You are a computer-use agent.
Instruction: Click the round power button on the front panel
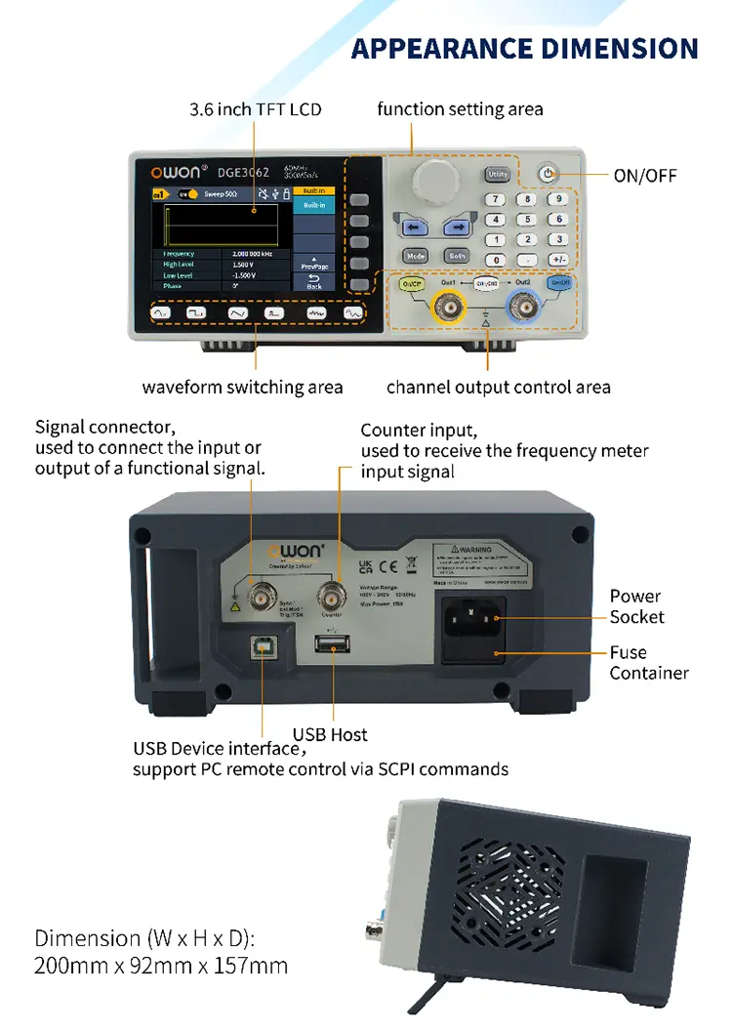(x=549, y=174)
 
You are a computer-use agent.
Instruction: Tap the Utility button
(x=497, y=175)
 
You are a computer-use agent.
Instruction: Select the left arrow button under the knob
(x=411, y=227)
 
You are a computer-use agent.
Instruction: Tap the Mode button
(x=416, y=256)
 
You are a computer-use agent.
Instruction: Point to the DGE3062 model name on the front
(x=243, y=173)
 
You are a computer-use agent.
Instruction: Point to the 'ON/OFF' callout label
(x=644, y=176)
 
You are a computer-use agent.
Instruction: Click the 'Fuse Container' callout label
(x=649, y=662)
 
